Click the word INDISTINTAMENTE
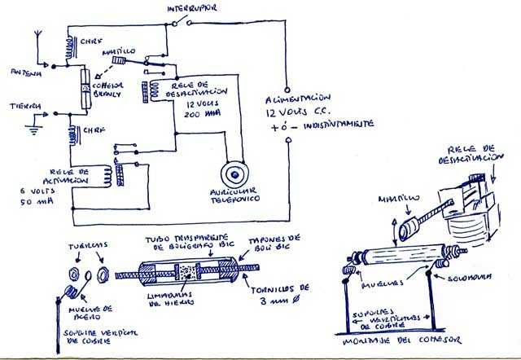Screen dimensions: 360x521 (x=335, y=124)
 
